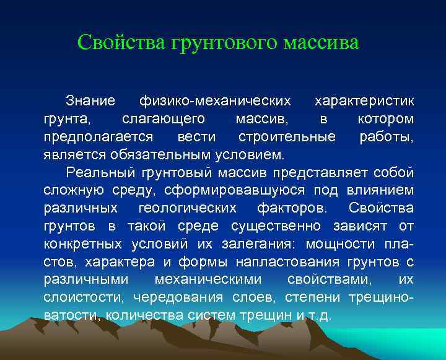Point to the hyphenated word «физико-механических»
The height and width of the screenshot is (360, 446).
[215, 100]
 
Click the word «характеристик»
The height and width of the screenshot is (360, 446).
[365, 100]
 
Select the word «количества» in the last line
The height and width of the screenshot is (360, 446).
[141, 314]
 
